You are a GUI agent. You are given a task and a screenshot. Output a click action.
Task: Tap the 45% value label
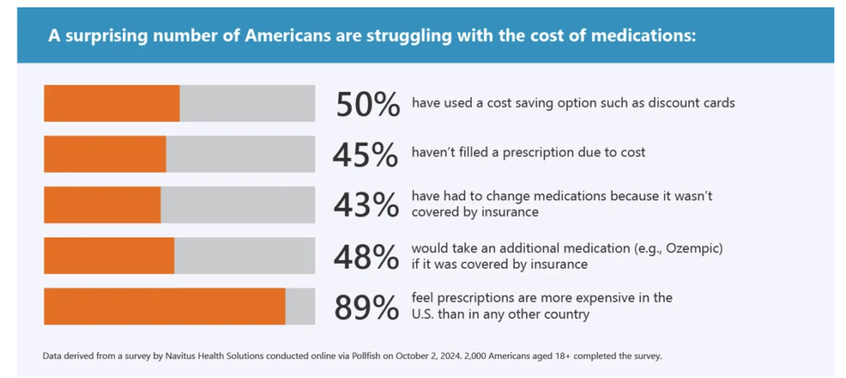[364, 155]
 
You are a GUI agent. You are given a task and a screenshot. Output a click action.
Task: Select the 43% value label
[364, 205]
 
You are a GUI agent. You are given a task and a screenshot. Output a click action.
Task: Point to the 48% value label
[364, 256]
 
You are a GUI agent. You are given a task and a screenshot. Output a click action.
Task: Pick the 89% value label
[364, 307]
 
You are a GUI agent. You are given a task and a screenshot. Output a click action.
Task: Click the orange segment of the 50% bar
[112, 103]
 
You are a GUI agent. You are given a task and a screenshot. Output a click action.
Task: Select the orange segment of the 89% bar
[164, 306]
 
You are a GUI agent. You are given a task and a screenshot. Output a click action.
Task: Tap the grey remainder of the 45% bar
[240, 154]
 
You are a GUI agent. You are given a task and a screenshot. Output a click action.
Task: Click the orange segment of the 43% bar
[102, 204]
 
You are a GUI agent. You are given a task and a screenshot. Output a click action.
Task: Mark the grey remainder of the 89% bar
[300, 306]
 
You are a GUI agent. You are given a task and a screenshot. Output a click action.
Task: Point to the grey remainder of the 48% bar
[245, 256]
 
